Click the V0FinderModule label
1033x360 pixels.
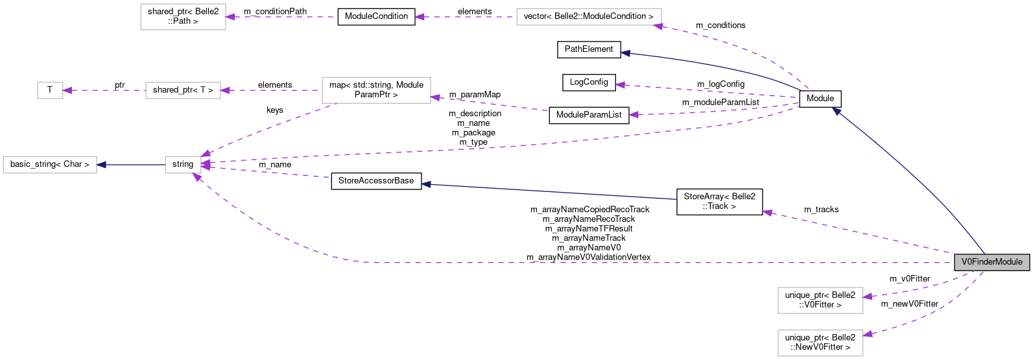point(991,262)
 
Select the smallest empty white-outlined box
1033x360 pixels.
point(50,90)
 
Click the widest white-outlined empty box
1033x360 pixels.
point(589,17)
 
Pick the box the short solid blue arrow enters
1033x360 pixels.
point(50,165)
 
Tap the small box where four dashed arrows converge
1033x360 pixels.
point(183,165)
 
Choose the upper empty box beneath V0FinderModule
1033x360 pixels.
point(820,300)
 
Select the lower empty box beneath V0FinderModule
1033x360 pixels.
point(820,343)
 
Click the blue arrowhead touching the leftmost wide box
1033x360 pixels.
point(101,165)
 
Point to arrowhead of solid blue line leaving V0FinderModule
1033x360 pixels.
point(837,112)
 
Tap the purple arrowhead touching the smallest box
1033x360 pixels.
point(67,90)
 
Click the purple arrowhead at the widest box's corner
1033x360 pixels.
point(658,27)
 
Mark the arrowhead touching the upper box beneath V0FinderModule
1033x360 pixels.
point(868,296)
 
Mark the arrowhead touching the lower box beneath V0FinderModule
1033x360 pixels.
point(868,334)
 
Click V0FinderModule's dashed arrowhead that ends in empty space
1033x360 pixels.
point(767,212)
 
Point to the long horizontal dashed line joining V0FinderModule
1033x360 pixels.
point(648,263)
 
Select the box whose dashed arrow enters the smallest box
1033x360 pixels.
point(183,90)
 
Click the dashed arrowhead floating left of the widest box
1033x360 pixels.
point(420,17)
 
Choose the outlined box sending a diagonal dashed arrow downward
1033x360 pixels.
point(376,90)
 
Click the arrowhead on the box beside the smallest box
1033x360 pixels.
point(225,90)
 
